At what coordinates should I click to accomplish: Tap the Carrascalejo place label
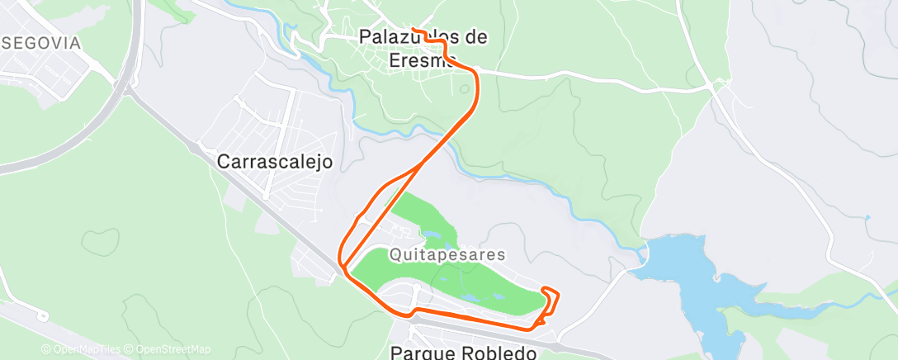[275, 162]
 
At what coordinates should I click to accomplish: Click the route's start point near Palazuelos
[413, 31]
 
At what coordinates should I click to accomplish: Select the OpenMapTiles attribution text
[81, 349]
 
